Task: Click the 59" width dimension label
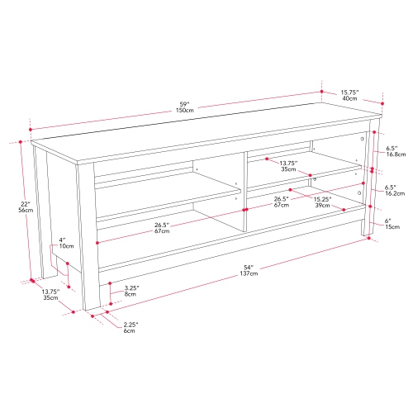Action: point(183,103)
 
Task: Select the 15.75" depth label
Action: point(349,92)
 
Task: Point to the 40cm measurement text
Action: point(349,99)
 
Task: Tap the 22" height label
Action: point(26,204)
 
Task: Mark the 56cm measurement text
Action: point(26,211)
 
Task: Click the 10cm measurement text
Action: point(66,246)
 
